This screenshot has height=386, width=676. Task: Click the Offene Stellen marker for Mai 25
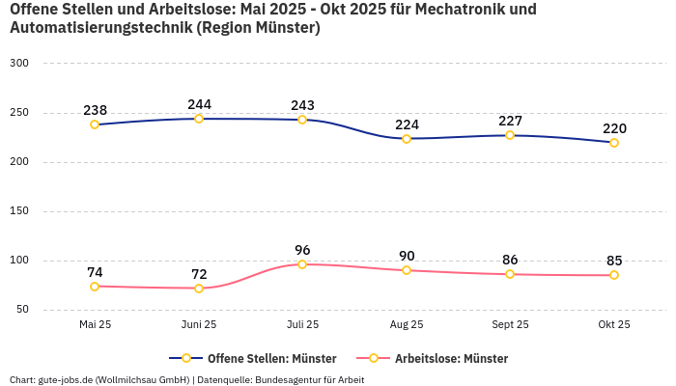[x=95, y=124]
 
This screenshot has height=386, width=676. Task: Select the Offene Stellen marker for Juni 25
[x=199, y=119]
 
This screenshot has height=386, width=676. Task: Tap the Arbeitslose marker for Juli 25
[x=302, y=264]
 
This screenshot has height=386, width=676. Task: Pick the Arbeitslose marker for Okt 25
[x=613, y=275]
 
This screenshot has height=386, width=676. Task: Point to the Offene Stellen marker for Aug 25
[x=407, y=139]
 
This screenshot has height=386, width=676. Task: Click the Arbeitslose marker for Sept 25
[x=510, y=274]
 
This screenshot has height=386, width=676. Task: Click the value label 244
[x=199, y=104]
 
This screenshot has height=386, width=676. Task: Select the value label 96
[x=302, y=250]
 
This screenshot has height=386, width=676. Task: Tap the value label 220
[x=614, y=128]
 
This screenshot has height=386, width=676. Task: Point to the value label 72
[x=199, y=274]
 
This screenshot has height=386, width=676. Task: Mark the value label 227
[x=510, y=121]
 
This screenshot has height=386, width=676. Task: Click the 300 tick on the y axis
[x=19, y=64]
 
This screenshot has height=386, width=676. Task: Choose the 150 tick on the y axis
[x=19, y=211]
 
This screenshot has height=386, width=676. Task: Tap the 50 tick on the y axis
[x=22, y=310]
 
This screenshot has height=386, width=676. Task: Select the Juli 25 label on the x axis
[x=302, y=325]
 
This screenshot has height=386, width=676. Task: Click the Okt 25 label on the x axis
[x=613, y=325]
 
